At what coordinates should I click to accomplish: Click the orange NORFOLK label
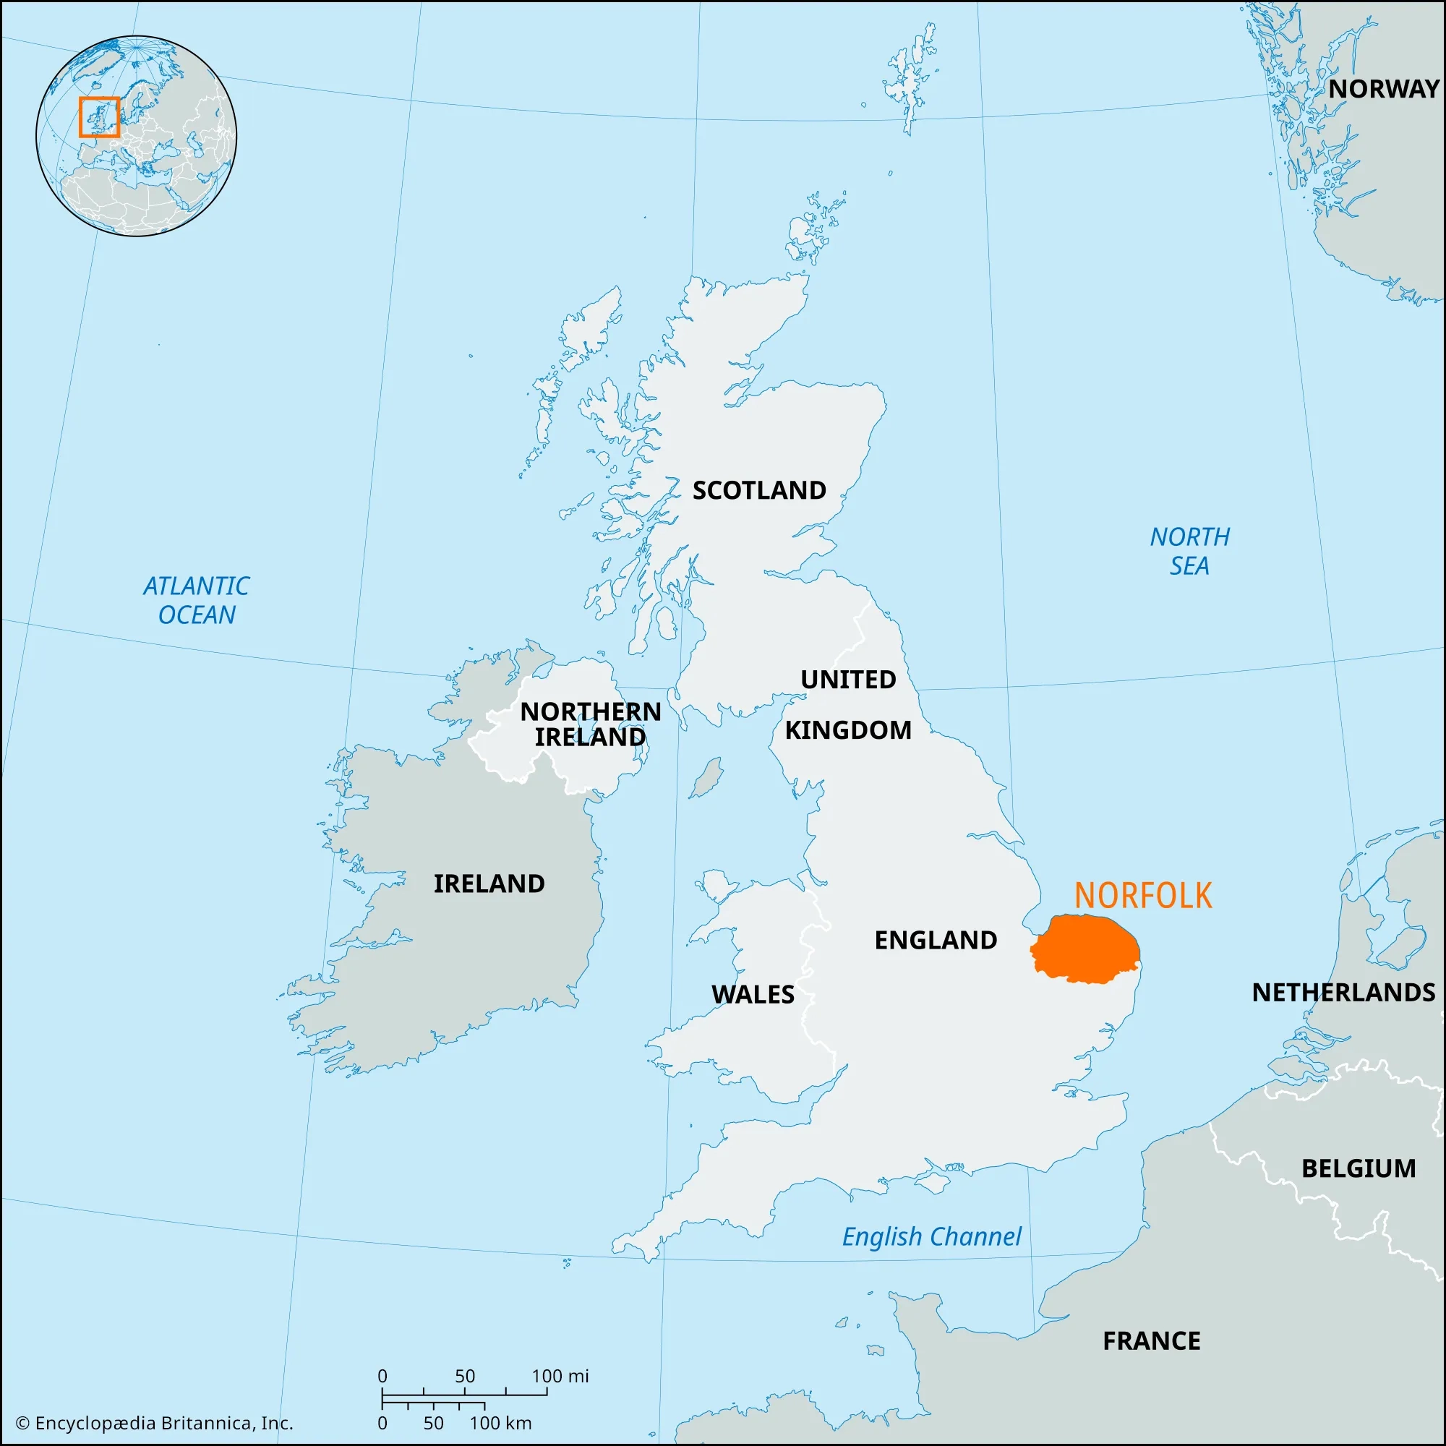[1143, 895]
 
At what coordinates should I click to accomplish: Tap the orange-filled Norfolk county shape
[1087, 949]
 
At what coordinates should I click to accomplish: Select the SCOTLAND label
[759, 490]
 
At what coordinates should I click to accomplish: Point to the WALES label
[752, 994]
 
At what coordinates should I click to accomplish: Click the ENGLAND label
[936, 939]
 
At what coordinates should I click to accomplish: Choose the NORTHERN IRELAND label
[591, 724]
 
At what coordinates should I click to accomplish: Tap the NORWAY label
[1384, 88]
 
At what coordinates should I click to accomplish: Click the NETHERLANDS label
[1343, 992]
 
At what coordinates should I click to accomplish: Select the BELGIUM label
[1359, 1168]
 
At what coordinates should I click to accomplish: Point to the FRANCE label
[1151, 1340]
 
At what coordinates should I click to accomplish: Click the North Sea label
[1189, 551]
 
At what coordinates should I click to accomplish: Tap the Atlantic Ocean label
[196, 599]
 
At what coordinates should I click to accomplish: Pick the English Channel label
[931, 1236]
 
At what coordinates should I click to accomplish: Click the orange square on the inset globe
[100, 116]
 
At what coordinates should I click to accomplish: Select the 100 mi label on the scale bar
[560, 1376]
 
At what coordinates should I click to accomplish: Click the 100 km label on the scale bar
[500, 1423]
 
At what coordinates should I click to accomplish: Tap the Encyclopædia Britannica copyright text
[154, 1423]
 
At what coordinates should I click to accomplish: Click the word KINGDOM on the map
[848, 730]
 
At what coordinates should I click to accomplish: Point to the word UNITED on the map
[848, 679]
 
